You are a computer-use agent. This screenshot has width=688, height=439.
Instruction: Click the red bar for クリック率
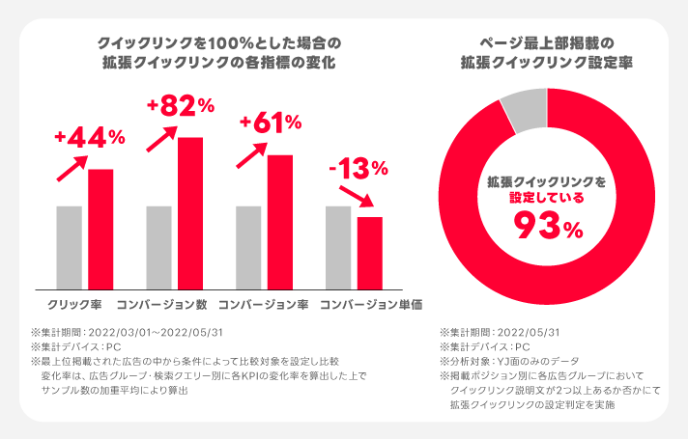pyautogui.click(x=100, y=229)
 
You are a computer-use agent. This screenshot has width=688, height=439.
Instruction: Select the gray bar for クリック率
pyautogui.click(x=69, y=247)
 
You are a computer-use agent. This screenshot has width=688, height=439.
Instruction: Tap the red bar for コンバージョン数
pyautogui.click(x=190, y=212)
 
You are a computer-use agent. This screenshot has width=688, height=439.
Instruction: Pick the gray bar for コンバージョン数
pyautogui.click(x=158, y=247)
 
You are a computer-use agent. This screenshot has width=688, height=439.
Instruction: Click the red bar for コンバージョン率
pyautogui.click(x=279, y=221)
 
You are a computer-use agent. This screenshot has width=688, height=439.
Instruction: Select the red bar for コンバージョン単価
pyautogui.click(x=370, y=252)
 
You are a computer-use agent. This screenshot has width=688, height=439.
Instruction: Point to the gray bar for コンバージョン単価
pyautogui.click(x=338, y=247)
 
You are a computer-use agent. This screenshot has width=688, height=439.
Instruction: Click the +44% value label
pyautogui.click(x=90, y=138)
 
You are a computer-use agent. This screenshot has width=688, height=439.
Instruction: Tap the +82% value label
pyautogui.click(x=179, y=106)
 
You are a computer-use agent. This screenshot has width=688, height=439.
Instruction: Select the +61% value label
pyautogui.click(x=271, y=123)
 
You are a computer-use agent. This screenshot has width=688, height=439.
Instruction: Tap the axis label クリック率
pyautogui.click(x=80, y=305)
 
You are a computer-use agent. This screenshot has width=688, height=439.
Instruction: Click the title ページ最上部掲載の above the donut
pyautogui.click(x=547, y=43)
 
